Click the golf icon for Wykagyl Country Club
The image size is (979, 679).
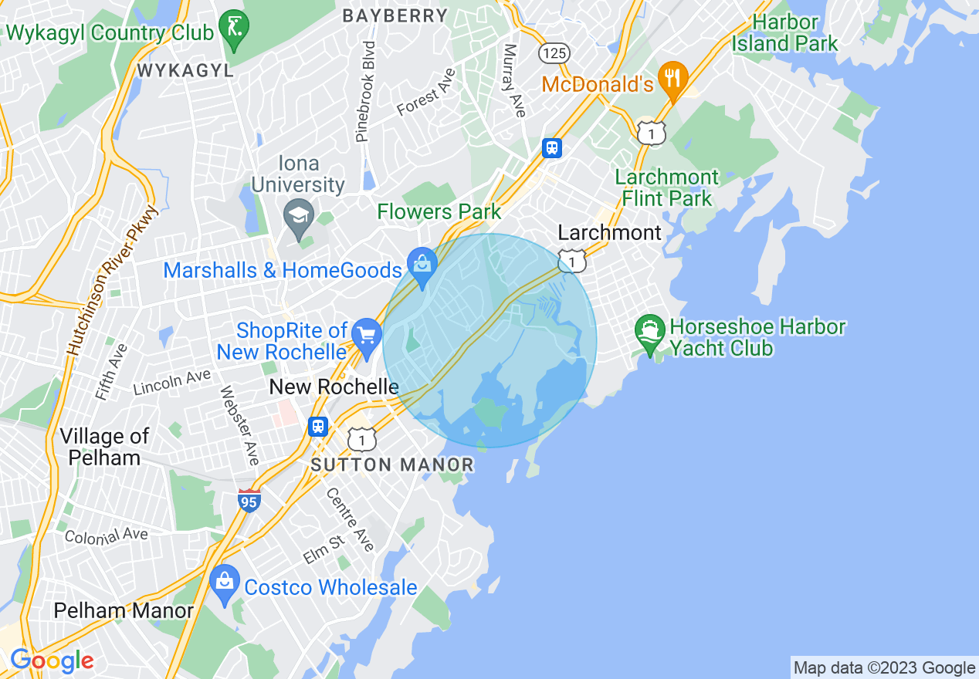tap(234, 26)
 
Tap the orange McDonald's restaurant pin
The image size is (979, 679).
tap(674, 79)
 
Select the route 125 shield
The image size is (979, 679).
tap(554, 53)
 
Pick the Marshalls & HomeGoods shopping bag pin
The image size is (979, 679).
tap(422, 266)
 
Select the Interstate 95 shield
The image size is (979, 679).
tap(249, 499)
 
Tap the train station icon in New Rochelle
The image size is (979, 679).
tap(317, 426)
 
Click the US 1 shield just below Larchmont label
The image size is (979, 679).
tap(572, 261)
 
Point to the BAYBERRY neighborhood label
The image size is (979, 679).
tap(395, 15)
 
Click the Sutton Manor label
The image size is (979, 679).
tap(392, 465)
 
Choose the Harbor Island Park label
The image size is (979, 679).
tap(784, 32)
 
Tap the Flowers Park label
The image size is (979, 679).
tap(439, 211)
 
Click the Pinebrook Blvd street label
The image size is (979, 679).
tap(366, 92)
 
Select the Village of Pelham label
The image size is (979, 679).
tap(104, 447)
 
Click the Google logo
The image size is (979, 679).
tap(52, 660)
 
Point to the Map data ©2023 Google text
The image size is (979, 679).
tap(885, 667)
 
